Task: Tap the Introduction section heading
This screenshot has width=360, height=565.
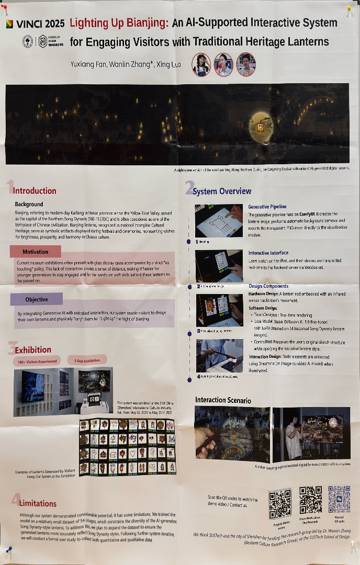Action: pyautogui.click(x=32, y=190)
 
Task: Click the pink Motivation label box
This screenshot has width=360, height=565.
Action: pyautogui.click(x=35, y=252)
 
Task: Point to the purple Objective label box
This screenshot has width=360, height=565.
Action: pyautogui.click(x=36, y=299)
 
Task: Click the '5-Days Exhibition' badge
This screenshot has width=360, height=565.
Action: pyautogui.click(x=87, y=359)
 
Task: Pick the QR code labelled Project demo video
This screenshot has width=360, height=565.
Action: pyautogui.click(x=280, y=504)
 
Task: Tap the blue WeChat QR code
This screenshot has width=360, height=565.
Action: pyautogui.click(x=339, y=500)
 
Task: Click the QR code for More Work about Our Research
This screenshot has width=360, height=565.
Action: pyautogui.click(x=310, y=501)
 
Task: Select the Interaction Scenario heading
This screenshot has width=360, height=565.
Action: pyautogui.click(x=223, y=400)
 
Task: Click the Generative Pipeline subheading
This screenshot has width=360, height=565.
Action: pyautogui.click(x=267, y=207)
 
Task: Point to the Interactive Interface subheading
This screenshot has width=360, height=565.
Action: pyautogui.click(x=268, y=253)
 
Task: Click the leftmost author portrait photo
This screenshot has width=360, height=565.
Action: pyautogui.click(x=201, y=64)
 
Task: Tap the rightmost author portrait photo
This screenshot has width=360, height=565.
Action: pyautogui.click(x=246, y=64)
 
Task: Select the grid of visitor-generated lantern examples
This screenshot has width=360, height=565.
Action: pyautogui.click(x=127, y=446)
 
